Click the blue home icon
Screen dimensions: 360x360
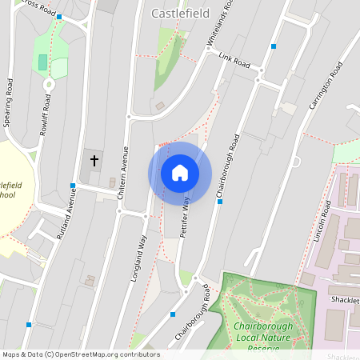pyautogui.click(x=180, y=173)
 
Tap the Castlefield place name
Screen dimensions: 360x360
pyautogui.click(x=180, y=13)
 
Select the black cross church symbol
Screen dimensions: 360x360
pyautogui.click(x=94, y=160)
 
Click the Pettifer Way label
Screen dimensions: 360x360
pyautogui.click(x=186, y=214)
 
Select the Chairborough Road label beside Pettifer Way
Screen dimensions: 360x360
pyautogui.click(x=227, y=166)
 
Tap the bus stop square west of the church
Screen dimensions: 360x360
pyautogui.click(x=72, y=186)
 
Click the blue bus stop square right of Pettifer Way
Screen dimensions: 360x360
pyautogui.click(x=220, y=202)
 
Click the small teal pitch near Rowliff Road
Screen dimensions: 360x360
pyautogui.click(x=42, y=62)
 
